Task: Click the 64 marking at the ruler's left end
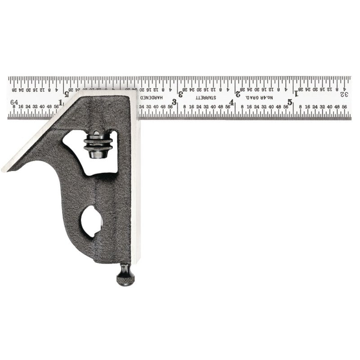tap(14, 102)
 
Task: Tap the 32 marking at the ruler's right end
tap(344, 94)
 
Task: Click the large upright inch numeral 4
tap(231, 103)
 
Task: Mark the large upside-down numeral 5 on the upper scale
tap(67, 94)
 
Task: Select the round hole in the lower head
tap(91, 221)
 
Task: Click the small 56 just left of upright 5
tap(285, 107)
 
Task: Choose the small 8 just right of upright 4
tap(242, 107)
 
